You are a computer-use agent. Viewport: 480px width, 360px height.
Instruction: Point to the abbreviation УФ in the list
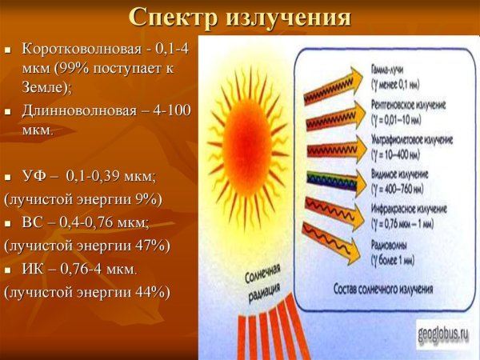click(38, 175)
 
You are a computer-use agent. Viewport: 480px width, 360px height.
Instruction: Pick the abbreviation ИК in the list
click(38, 269)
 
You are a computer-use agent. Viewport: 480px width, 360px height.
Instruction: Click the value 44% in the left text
click(141, 292)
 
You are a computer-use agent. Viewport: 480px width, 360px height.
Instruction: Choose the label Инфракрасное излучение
click(404, 208)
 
